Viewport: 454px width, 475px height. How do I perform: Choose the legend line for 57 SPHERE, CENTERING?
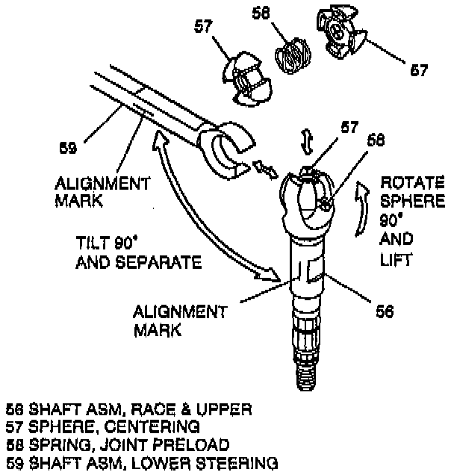click(103, 426)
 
